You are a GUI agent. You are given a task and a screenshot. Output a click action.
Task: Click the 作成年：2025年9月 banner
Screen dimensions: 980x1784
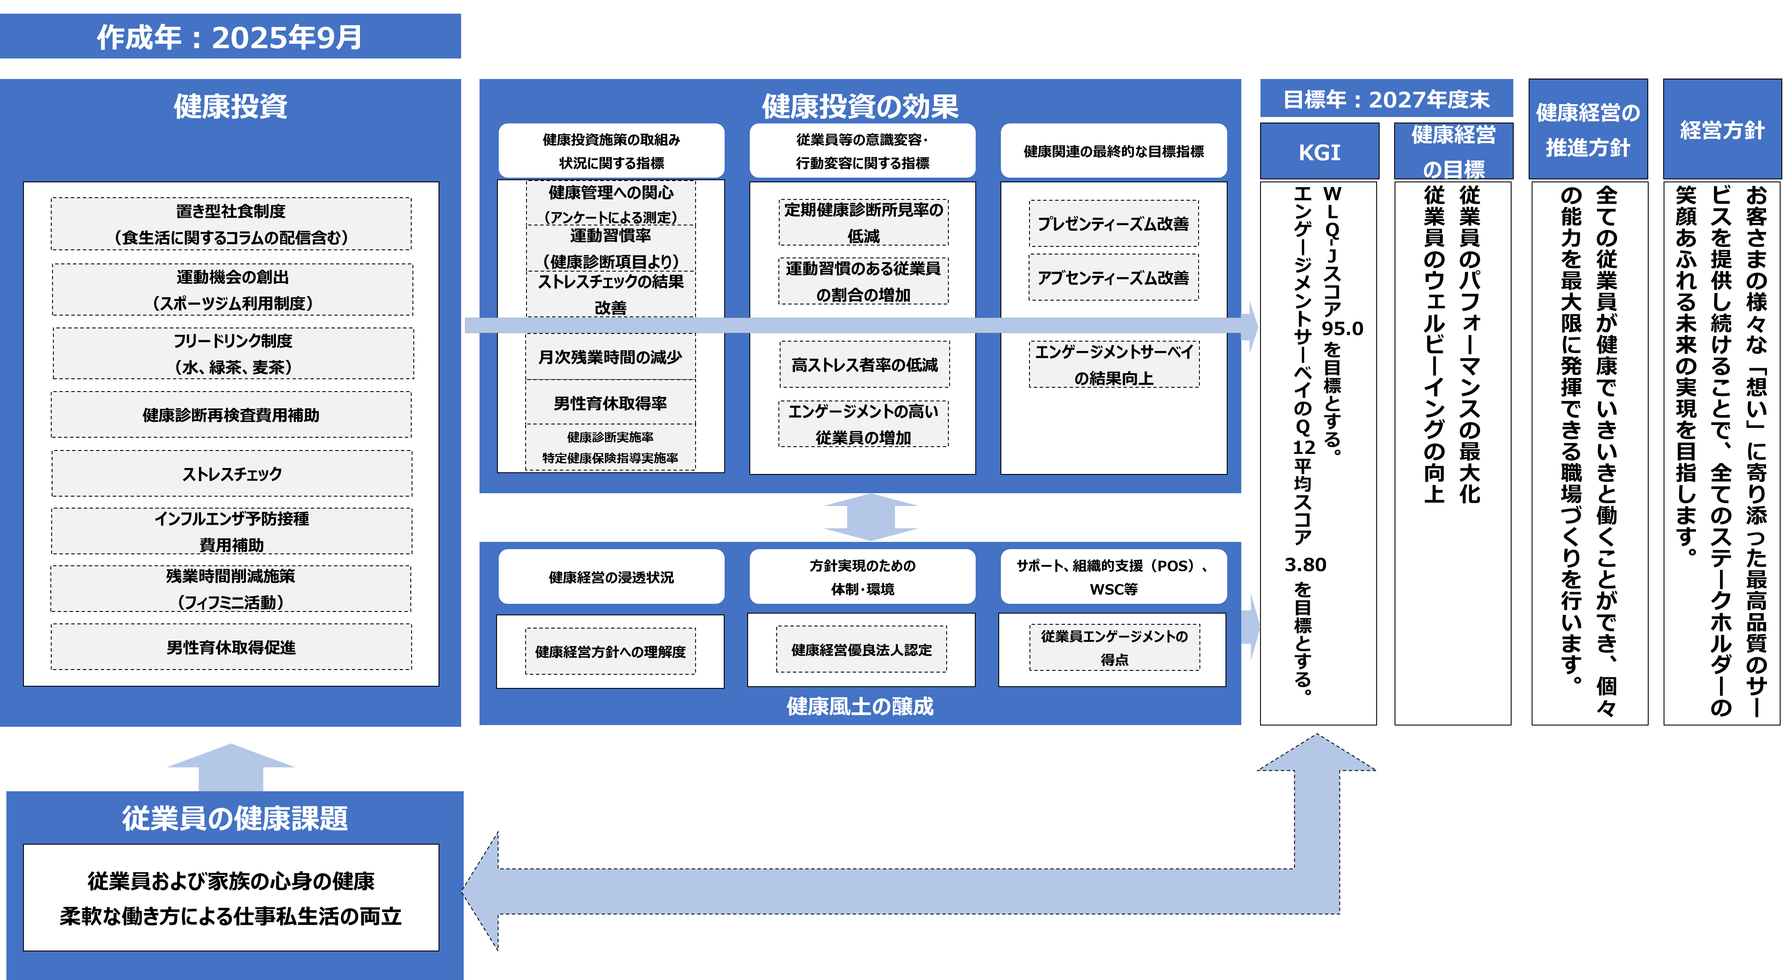coord(230,37)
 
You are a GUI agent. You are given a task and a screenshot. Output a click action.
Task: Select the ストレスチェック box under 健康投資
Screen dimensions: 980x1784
coord(231,474)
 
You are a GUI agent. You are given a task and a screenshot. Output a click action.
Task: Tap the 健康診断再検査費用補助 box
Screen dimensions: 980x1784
coord(231,415)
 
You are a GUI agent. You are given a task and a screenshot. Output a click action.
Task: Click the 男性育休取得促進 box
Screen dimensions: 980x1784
coord(231,647)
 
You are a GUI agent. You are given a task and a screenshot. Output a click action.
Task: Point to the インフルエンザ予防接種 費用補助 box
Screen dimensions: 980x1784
coord(231,531)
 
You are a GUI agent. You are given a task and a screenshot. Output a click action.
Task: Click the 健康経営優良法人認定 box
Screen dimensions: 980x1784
coord(862,649)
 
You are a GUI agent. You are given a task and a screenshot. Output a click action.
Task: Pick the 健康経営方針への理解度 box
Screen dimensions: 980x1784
coord(610,652)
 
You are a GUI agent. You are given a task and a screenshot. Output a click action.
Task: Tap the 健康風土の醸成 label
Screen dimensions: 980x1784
coord(860,706)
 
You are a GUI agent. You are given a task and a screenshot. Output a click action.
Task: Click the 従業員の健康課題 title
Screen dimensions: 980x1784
coord(235,818)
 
